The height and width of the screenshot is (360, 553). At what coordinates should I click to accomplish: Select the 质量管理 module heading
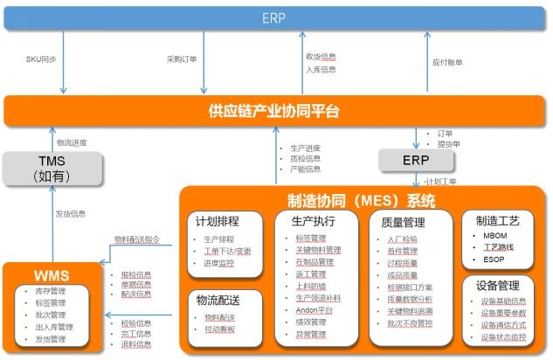click(x=404, y=222)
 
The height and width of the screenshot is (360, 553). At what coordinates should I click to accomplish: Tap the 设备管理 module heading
click(x=498, y=285)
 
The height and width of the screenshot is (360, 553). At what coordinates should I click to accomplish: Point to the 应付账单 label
click(x=447, y=62)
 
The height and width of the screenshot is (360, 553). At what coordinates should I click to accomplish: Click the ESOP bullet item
click(x=494, y=259)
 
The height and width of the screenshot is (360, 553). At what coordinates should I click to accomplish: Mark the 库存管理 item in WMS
click(x=52, y=291)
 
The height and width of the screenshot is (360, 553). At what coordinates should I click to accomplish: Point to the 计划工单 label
click(x=441, y=182)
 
